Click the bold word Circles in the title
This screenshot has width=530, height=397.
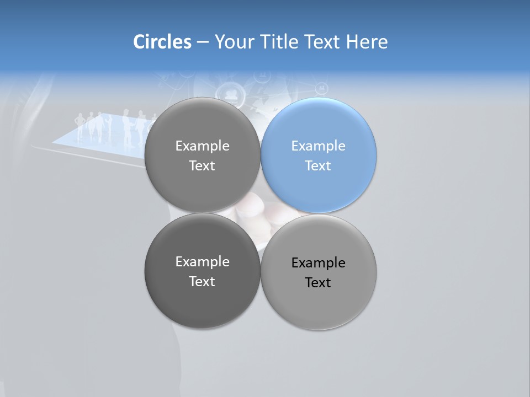click(162, 42)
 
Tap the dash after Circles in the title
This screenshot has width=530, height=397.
click(203, 42)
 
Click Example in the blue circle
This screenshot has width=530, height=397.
click(318, 146)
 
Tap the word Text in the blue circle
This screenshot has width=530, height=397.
click(318, 165)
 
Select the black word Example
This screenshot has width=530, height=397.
click(318, 263)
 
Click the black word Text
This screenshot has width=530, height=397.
click(318, 282)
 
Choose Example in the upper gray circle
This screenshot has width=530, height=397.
click(202, 146)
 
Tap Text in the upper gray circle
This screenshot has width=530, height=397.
click(202, 165)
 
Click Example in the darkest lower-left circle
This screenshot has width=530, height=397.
click(202, 262)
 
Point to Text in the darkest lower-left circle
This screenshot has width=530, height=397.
click(202, 281)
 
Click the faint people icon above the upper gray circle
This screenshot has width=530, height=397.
click(231, 92)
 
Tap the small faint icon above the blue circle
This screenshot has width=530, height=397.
click(321, 88)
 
